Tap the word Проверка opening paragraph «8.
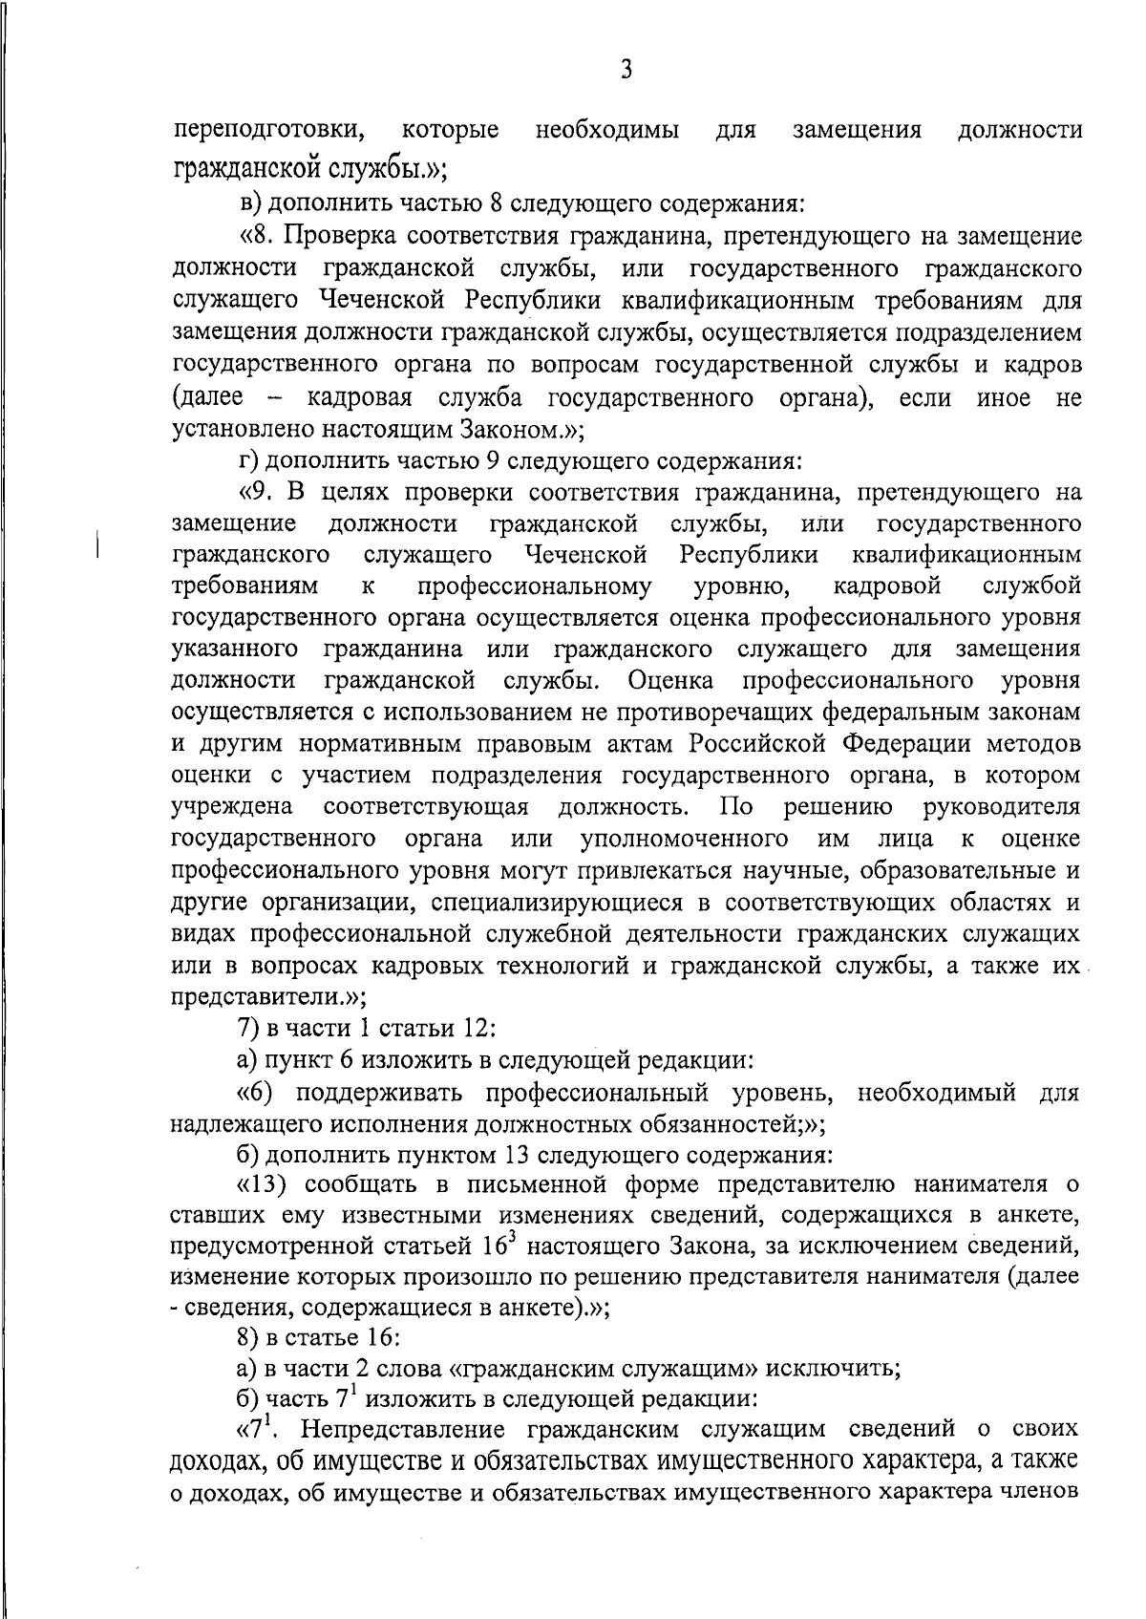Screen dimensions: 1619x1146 338,234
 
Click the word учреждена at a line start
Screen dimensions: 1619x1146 232,806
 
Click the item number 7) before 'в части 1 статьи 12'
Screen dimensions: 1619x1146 248,1028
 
